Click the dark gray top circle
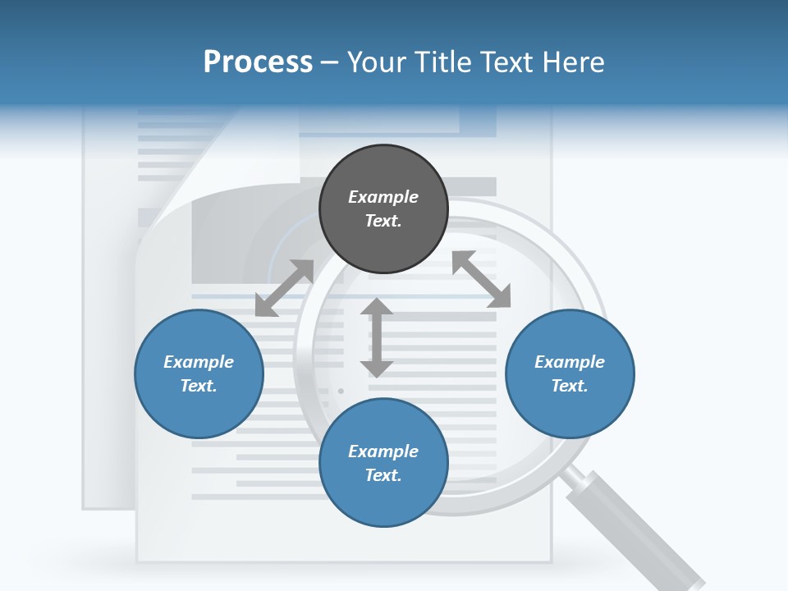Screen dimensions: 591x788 (383, 209)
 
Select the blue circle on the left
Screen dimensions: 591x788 (199, 373)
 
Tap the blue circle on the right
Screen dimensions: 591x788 (570, 373)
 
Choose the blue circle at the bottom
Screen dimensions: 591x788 (383, 463)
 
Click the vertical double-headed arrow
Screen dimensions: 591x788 (377, 337)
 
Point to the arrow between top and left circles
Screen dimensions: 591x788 (285, 287)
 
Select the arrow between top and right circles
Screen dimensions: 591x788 (481, 279)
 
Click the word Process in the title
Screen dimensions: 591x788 (258, 62)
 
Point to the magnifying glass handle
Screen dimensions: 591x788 (636, 528)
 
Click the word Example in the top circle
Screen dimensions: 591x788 (383, 197)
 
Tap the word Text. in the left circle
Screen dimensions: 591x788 (199, 386)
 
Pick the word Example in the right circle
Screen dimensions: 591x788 (570, 362)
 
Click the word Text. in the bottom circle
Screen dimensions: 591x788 (383, 475)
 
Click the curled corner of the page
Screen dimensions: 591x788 (176, 205)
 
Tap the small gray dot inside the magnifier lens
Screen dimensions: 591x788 (341, 392)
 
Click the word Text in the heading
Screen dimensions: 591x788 (506, 62)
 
